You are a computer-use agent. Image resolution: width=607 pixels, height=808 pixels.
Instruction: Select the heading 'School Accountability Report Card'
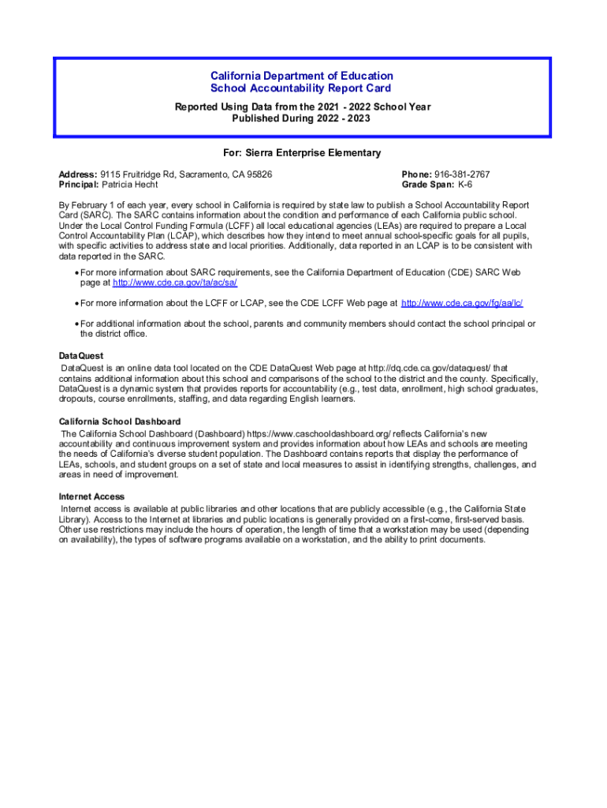300,88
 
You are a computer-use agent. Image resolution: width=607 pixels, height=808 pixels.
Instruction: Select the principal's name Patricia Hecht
130,185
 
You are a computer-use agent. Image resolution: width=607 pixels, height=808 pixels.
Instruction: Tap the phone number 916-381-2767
462,174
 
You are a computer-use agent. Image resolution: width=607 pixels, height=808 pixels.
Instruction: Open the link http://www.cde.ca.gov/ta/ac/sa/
175,282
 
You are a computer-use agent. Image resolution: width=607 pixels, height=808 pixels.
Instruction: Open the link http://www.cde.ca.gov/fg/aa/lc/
462,303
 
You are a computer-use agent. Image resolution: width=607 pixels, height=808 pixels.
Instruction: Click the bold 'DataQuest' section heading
81,356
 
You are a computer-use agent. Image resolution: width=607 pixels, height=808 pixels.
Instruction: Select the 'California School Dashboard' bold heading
120,421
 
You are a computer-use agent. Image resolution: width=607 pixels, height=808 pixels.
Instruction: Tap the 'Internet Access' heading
91,496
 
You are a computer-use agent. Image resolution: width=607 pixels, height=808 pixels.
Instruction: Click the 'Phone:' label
417,174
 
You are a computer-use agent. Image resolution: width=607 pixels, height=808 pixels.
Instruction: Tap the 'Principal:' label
79,185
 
